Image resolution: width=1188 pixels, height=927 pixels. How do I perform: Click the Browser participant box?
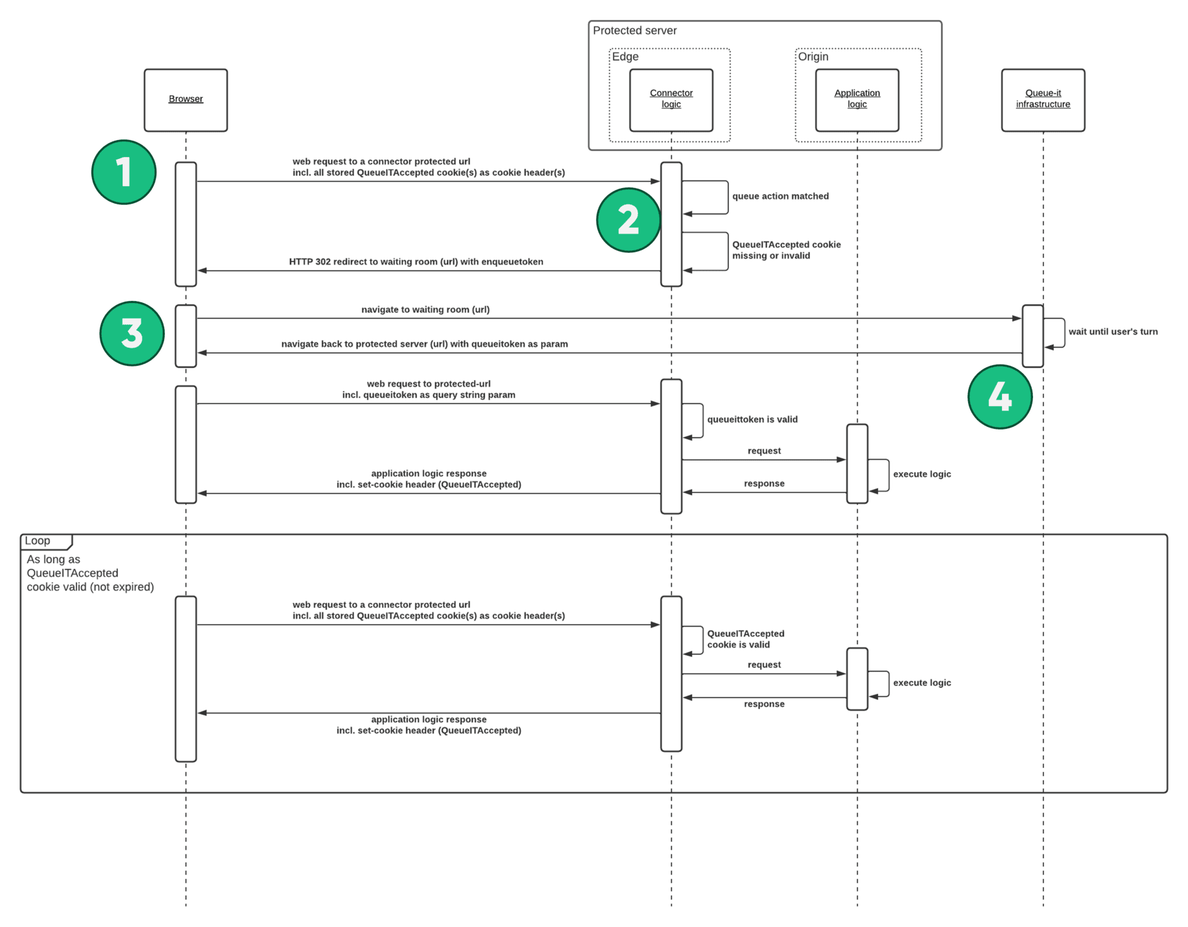click(x=185, y=100)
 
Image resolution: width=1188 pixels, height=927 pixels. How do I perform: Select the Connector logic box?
click(x=671, y=100)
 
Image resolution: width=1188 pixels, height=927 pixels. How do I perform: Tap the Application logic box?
click(x=857, y=100)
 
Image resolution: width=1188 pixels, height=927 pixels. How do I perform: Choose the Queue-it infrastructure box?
click(x=1042, y=100)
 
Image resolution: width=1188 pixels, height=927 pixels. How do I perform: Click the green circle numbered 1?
click(x=124, y=172)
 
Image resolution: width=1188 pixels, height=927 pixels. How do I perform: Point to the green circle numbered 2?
click(x=628, y=220)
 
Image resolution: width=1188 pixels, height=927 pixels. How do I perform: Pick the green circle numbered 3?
click(x=132, y=333)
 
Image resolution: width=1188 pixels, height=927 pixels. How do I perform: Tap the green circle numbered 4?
click(x=999, y=396)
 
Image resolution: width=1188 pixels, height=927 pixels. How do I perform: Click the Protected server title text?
click(x=634, y=30)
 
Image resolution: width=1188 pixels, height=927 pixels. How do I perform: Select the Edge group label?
click(x=625, y=57)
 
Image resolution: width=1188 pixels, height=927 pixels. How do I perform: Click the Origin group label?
click(x=813, y=57)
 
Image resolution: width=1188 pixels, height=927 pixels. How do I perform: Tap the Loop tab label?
click(x=38, y=540)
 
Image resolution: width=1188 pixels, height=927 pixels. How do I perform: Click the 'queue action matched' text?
click(x=780, y=196)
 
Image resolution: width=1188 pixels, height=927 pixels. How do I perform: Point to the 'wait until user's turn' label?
click(x=1112, y=331)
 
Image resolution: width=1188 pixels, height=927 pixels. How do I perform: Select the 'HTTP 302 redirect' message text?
click(x=416, y=261)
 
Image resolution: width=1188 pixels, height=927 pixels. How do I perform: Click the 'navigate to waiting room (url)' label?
click(x=425, y=309)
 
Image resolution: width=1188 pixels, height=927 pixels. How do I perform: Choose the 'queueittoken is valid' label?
click(x=752, y=419)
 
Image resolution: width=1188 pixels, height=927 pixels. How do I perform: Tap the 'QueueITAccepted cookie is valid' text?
click(x=745, y=639)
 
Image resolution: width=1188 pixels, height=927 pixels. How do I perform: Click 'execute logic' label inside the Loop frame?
click(x=921, y=682)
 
